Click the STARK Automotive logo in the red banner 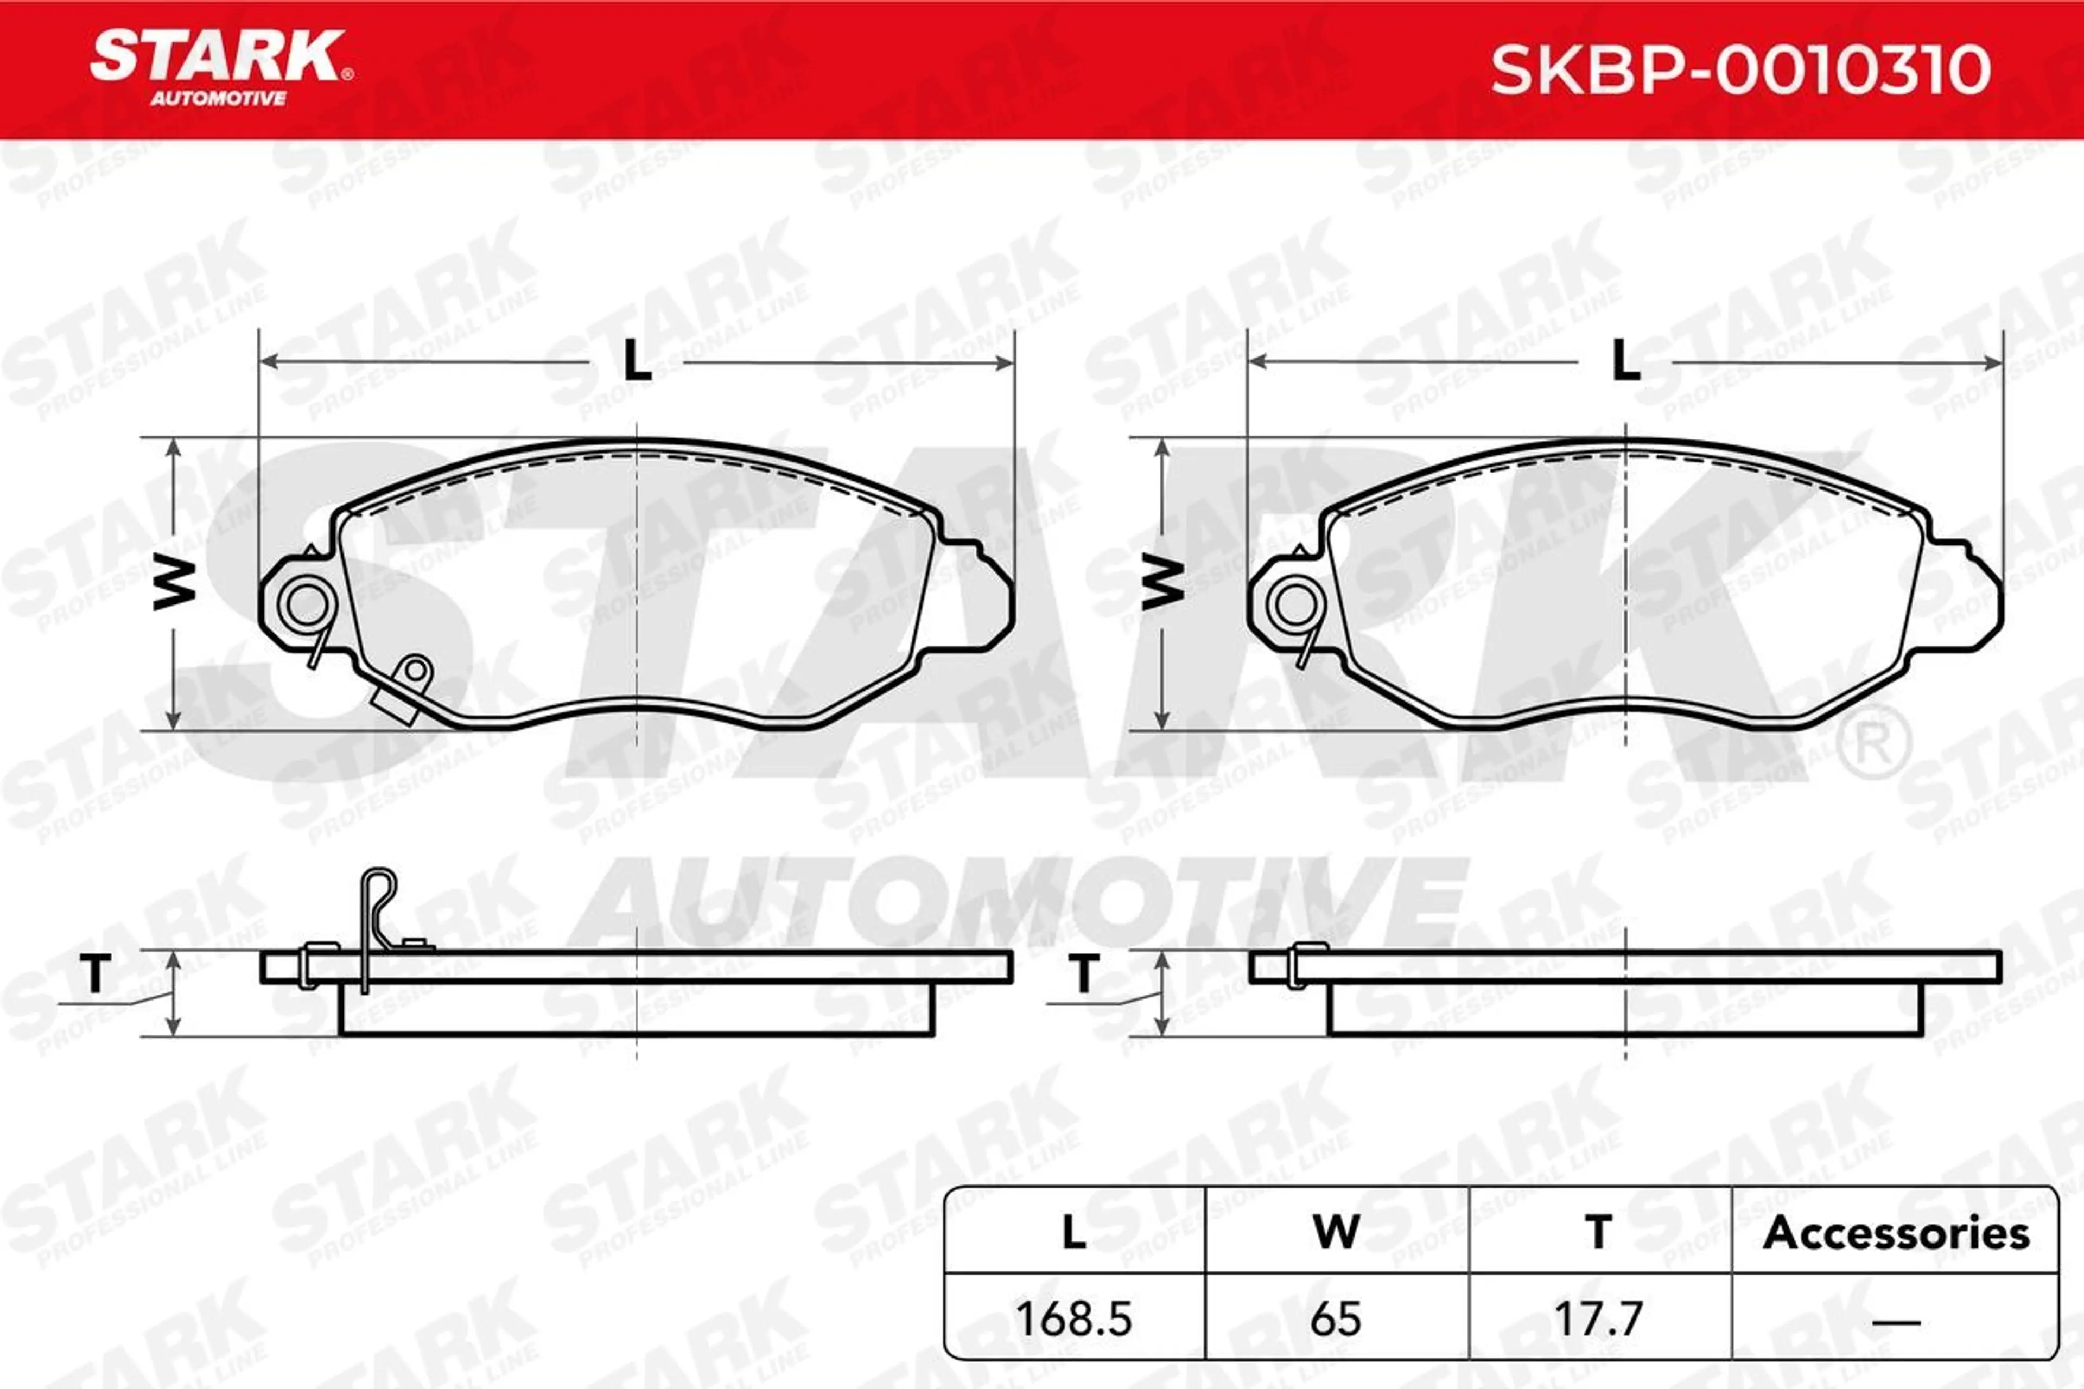tap(221, 68)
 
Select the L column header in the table tap(1074, 1232)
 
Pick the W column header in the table tap(1336, 1232)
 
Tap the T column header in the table tap(1598, 1232)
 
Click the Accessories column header tap(1896, 1232)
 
